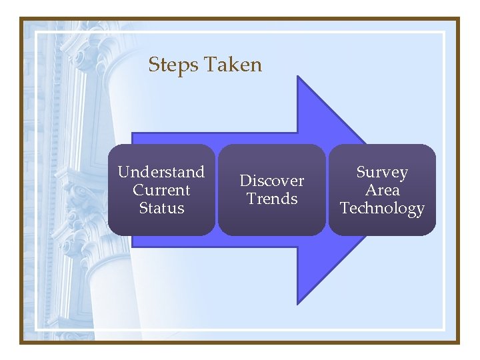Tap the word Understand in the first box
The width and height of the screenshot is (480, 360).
[161, 172]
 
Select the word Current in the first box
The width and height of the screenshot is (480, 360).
[161, 190]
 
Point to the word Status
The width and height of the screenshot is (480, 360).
[161, 208]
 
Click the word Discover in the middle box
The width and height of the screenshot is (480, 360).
[271, 181]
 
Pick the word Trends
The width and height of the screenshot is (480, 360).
[271, 199]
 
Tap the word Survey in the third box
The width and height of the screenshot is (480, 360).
[382, 172]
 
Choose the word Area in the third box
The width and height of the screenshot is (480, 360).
[382, 190]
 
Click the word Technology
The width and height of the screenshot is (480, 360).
[382, 209]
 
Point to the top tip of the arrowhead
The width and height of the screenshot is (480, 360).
[298, 77]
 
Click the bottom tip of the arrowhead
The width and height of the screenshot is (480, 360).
[298, 303]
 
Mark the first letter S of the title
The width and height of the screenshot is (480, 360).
[153, 65]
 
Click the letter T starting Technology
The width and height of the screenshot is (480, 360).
[344, 208]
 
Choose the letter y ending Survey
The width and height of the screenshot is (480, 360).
[403, 174]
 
